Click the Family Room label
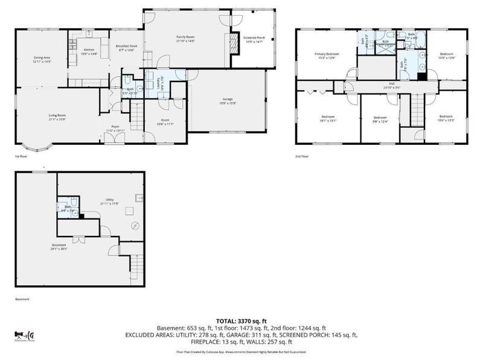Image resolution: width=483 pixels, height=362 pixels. (185, 39)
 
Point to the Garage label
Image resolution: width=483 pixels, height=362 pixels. (227, 100)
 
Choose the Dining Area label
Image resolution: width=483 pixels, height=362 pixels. (42, 59)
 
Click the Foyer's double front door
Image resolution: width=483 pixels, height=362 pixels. (111, 139)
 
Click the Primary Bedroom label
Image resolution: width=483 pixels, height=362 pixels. (327, 56)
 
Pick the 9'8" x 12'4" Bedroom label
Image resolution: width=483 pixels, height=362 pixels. (380, 119)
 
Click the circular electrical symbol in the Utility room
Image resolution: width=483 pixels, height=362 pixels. (136, 226)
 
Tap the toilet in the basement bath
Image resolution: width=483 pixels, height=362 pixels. (72, 203)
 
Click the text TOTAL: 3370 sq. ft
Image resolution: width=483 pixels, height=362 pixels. (241, 322)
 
